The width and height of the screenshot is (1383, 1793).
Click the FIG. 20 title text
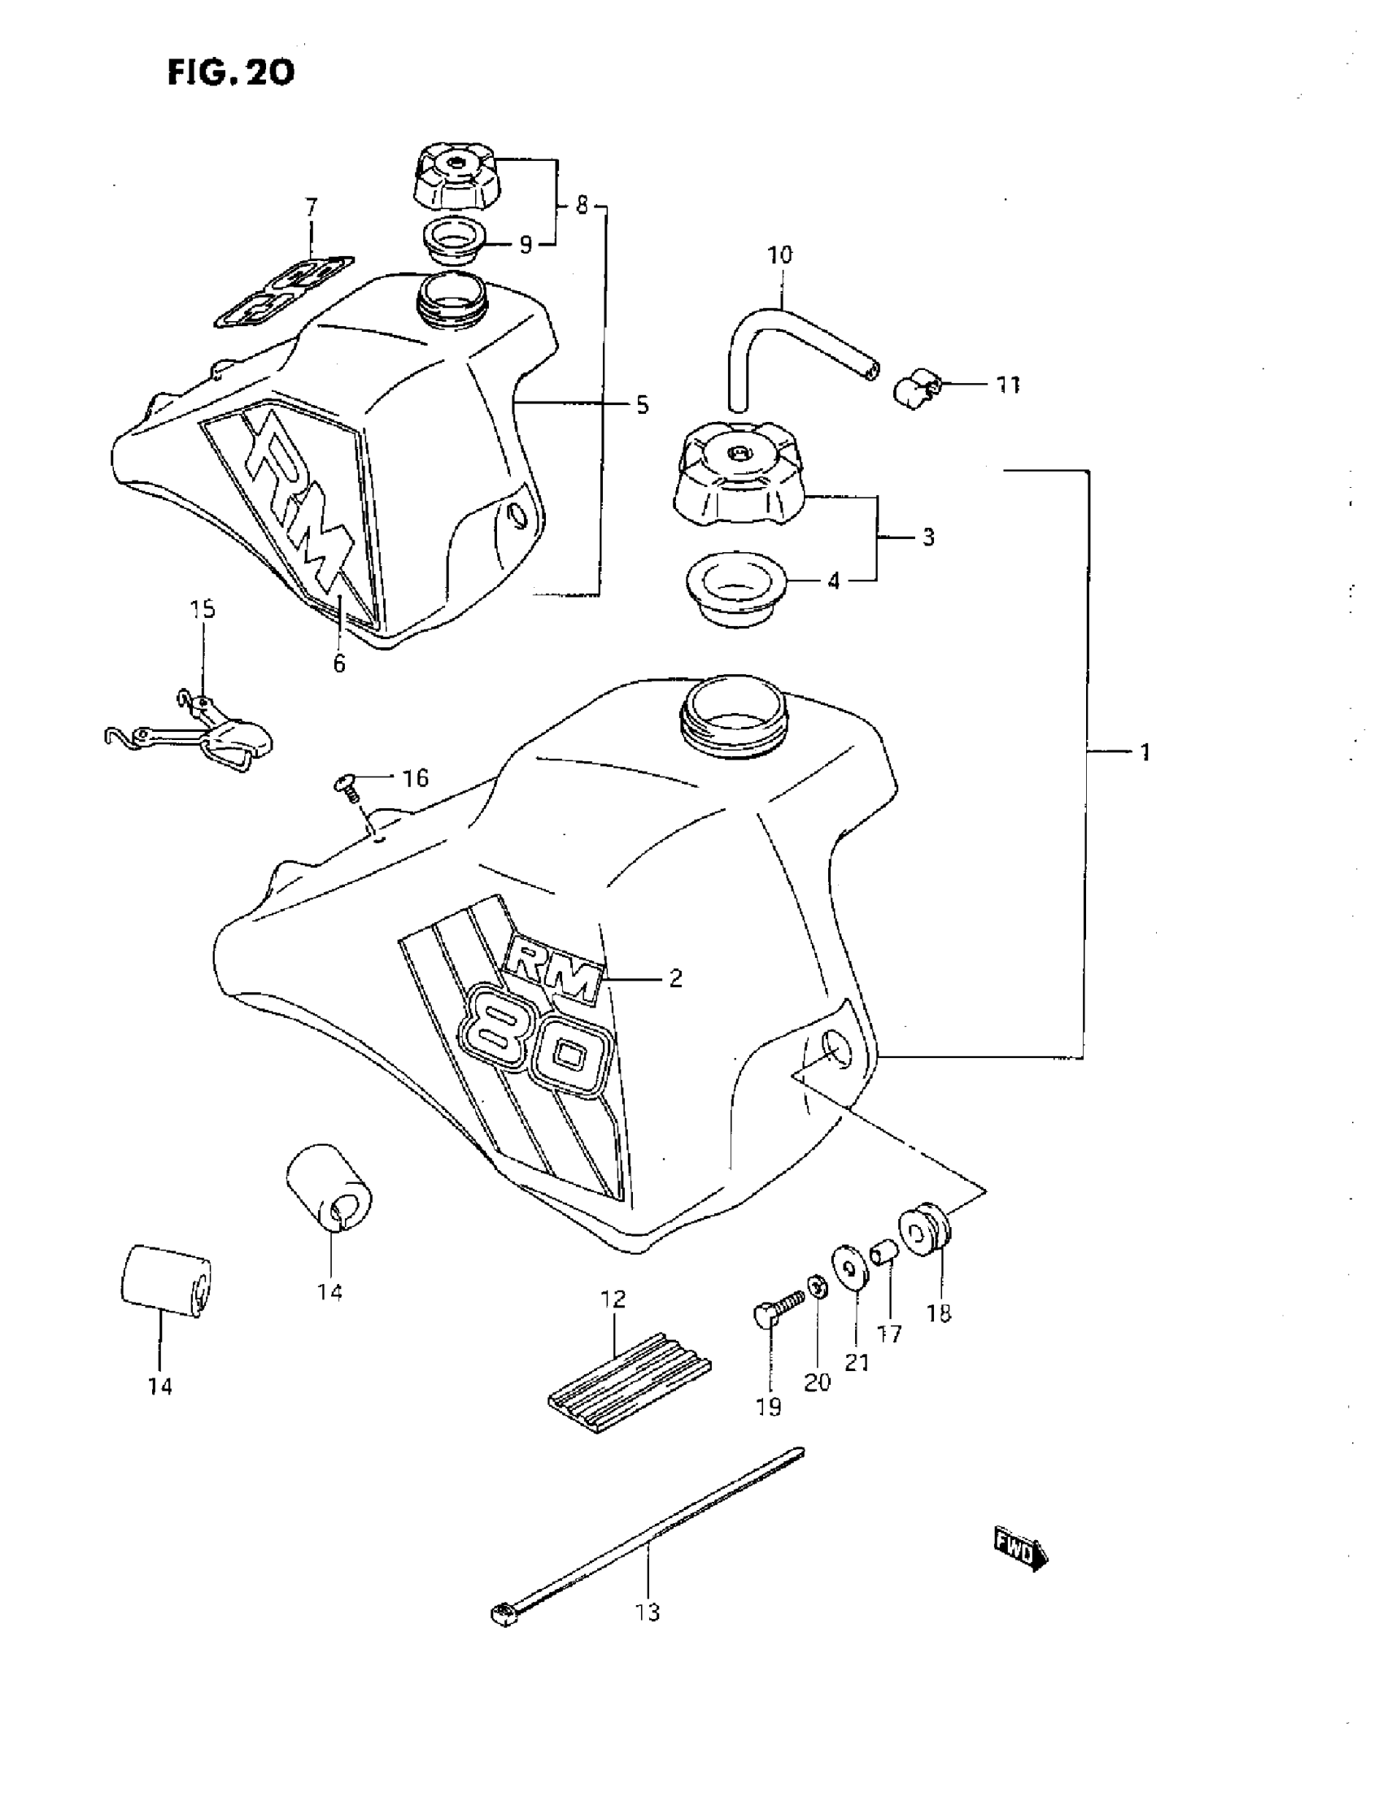click(231, 73)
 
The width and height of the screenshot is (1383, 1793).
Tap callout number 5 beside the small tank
click(642, 405)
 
